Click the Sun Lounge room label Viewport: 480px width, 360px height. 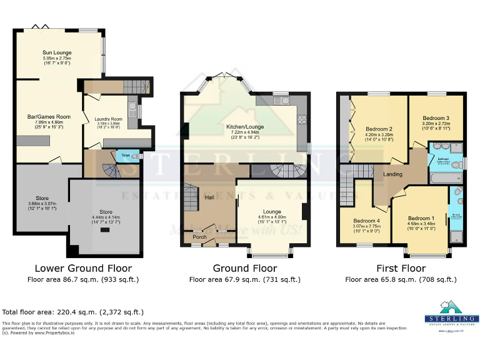57,52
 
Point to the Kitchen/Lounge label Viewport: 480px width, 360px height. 245,127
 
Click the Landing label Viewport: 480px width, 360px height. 392,174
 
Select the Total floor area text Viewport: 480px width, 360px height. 73,311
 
